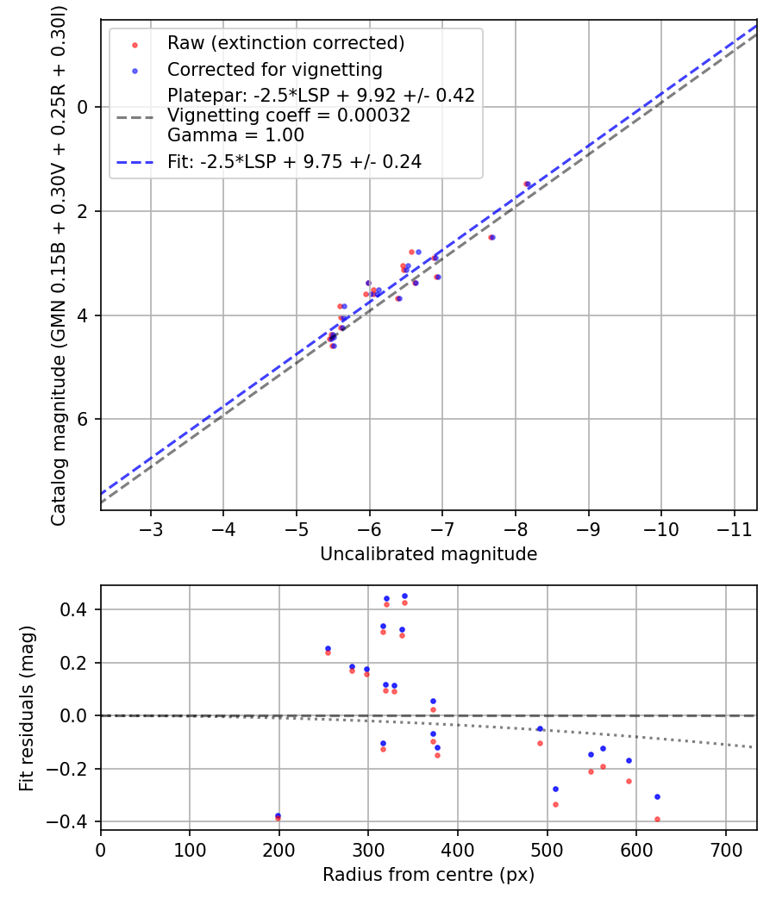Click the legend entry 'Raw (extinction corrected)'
285,43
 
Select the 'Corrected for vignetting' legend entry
274,69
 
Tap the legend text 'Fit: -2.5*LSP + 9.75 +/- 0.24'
294,161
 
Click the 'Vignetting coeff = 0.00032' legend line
288,115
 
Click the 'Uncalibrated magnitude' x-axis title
429,554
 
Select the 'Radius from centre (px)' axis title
429,875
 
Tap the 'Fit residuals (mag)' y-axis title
27,707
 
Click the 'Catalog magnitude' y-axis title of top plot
58,263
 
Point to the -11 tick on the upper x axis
735,527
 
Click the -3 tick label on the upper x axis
151,527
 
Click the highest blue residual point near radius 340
404,596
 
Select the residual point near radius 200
278,816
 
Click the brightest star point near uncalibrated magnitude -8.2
527,184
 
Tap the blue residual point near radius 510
555,789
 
